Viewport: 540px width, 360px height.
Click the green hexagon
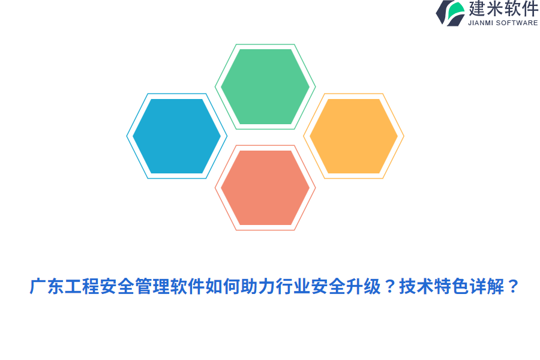[x=265, y=86]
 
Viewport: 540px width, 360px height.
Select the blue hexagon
[x=176, y=136]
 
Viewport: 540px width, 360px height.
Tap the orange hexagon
[x=353, y=136]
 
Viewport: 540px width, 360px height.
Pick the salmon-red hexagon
[x=265, y=188]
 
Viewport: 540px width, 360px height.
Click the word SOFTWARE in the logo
[x=517, y=23]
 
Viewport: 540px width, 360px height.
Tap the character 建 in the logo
[x=477, y=9]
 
